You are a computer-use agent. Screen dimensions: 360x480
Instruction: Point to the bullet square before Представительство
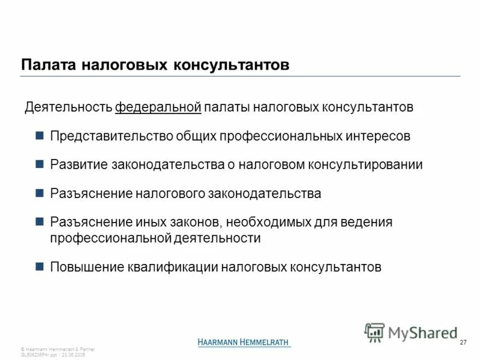[x=40, y=136]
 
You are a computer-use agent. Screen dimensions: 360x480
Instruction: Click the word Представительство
[x=111, y=136]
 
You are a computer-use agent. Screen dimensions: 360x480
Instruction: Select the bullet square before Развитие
[x=40, y=164]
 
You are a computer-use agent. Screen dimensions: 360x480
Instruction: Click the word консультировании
[x=365, y=164]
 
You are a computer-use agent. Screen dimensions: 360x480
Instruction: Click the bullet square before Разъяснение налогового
[x=40, y=193]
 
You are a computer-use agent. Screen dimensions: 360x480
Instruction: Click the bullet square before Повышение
[x=40, y=266]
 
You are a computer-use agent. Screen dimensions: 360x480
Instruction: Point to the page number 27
[x=463, y=342]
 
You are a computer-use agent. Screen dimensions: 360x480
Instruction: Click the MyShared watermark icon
[x=375, y=331]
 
